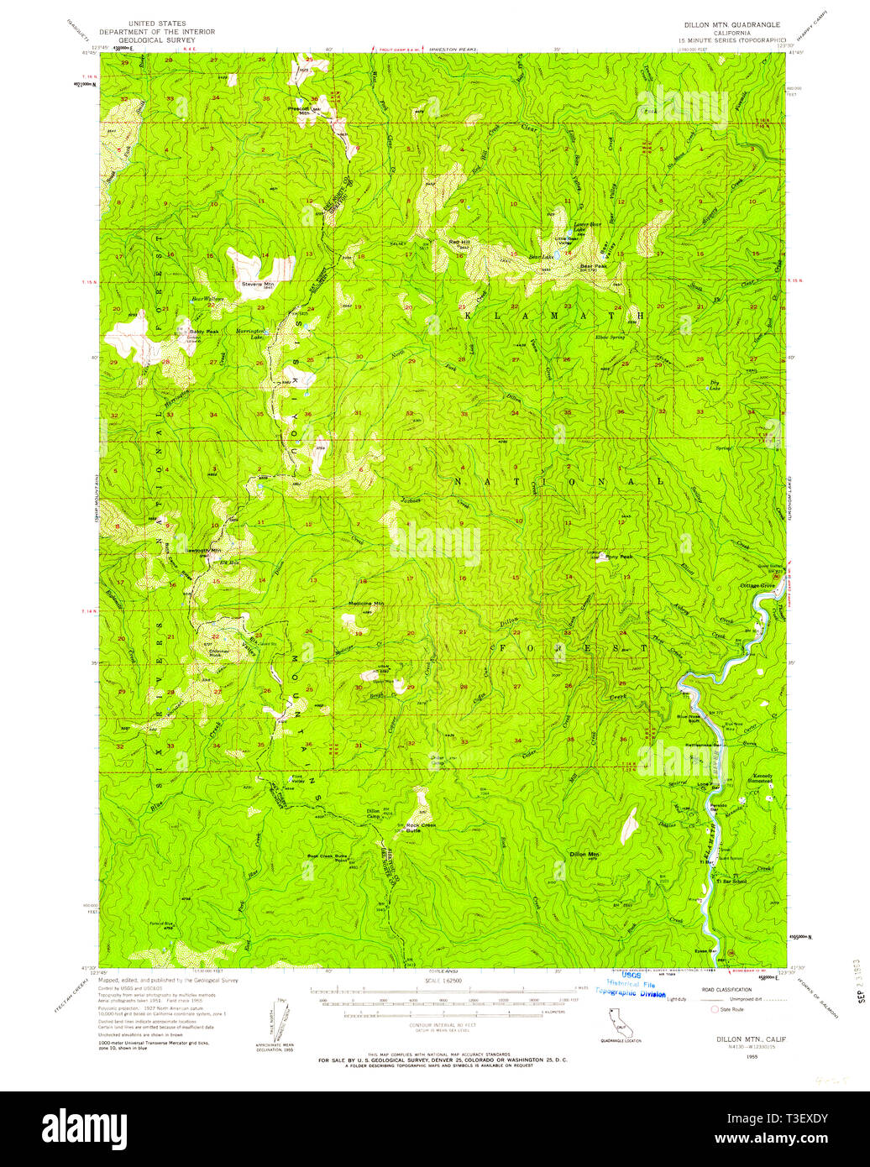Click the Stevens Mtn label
(258, 285)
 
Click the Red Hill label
(459, 242)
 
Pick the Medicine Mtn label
(366, 604)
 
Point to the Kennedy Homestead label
(762, 778)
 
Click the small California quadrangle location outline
(621, 1022)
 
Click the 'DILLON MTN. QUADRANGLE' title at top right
(731, 25)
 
